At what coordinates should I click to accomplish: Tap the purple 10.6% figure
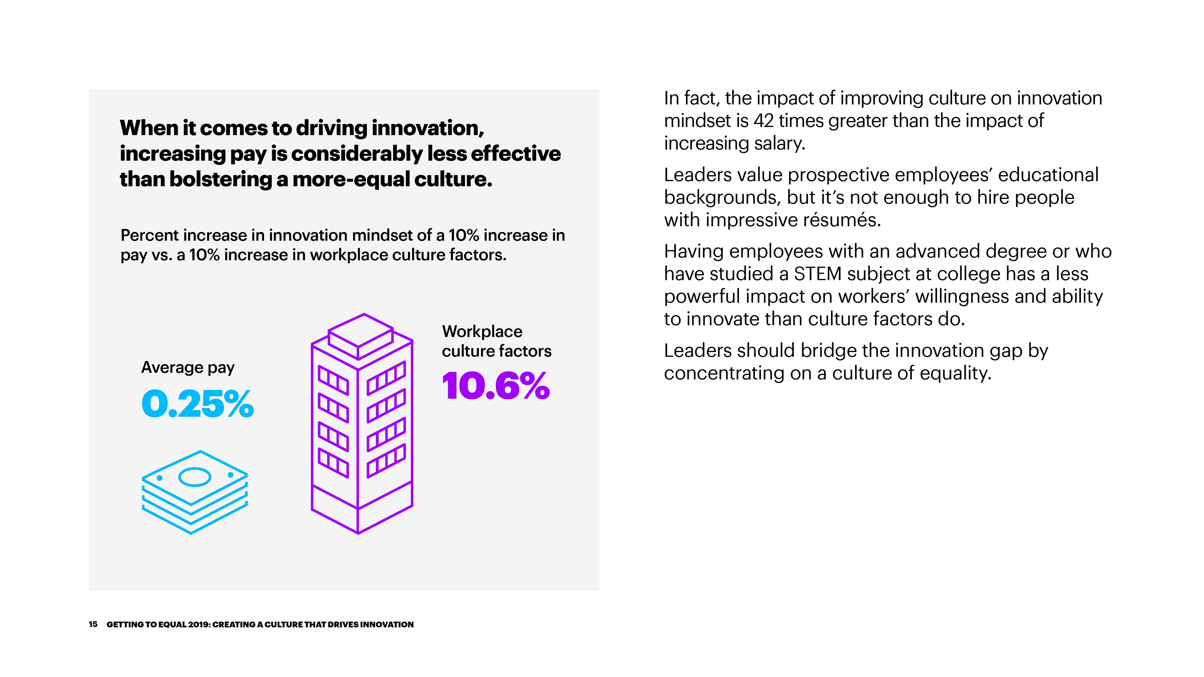click(x=496, y=386)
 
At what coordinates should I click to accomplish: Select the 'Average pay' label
click(x=188, y=368)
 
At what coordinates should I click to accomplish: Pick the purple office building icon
click(x=362, y=423)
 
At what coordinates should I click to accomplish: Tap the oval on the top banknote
click(x=195, y=477)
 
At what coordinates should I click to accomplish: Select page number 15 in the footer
click(x=93, y=624)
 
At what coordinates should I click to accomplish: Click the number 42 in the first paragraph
click(x=763, y=121)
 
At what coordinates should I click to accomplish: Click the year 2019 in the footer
click(x=199, y=624)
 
